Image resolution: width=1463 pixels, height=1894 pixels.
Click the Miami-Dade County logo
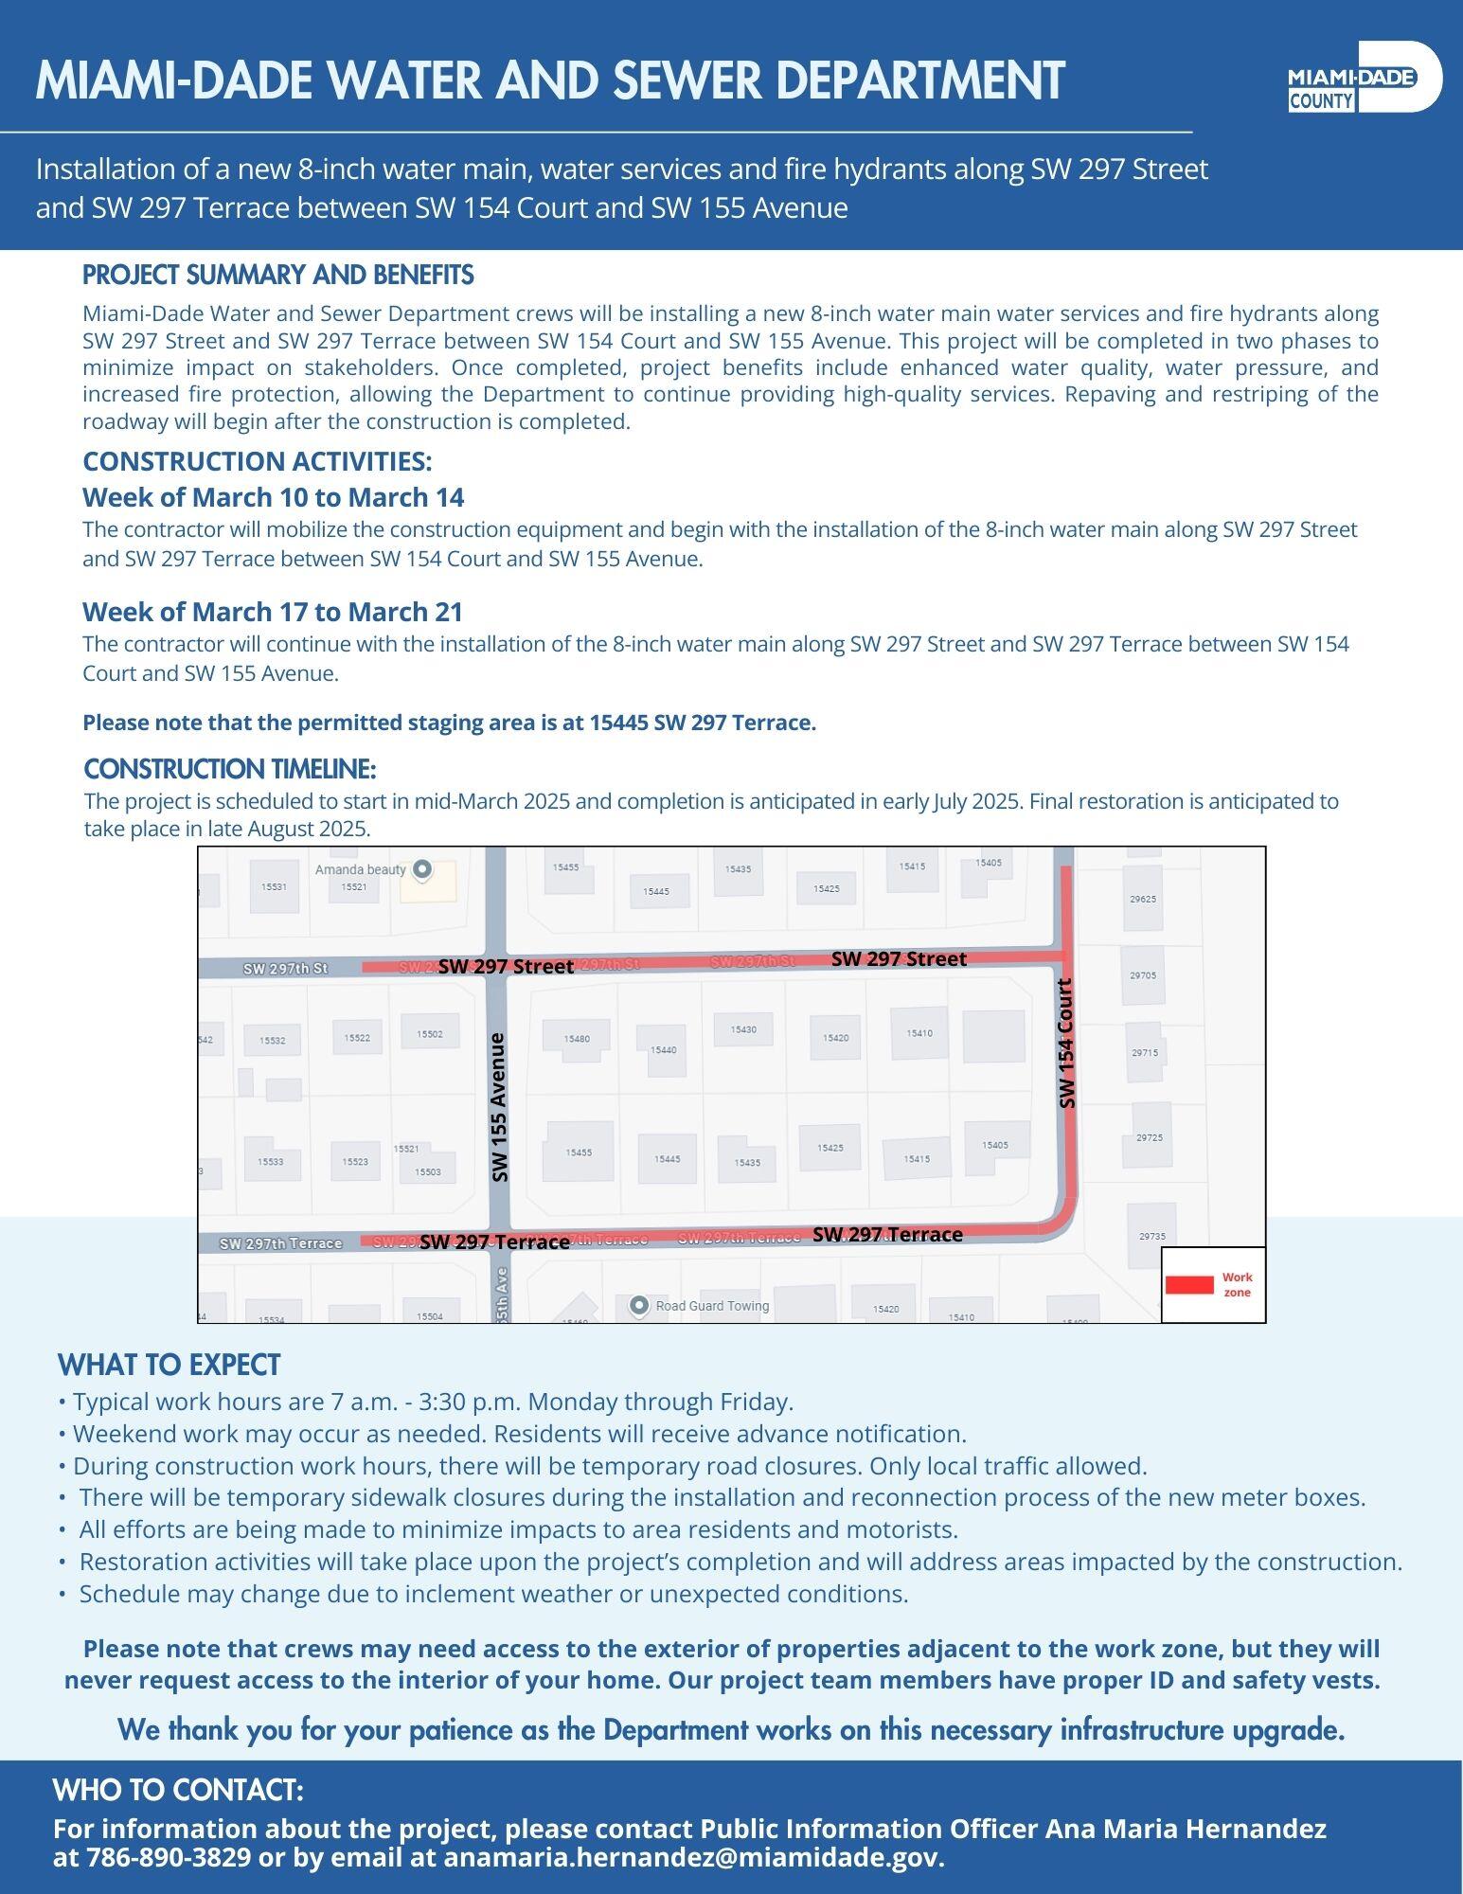click(x=1364, y=78)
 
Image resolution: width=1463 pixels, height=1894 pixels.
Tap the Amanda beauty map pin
click(x=423, y=868)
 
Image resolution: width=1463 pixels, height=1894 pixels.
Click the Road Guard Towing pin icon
click(x=639, y=1305)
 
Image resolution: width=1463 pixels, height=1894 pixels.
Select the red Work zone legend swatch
click(x=1188, y=1284)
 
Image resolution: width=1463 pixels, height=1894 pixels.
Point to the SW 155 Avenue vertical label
click(x=499, y=1106)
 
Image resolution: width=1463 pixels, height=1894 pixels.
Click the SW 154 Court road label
click(x=1067, y=1043)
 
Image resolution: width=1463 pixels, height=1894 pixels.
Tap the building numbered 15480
click(x=576, y=1038)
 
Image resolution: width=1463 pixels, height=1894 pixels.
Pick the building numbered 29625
click(x=1143, y=898)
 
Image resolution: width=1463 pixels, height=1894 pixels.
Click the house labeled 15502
click(x=430, y=1033)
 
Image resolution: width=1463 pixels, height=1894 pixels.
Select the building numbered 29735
click(x=1152, y=1236)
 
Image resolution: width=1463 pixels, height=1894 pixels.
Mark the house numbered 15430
click(x=743, y=1029)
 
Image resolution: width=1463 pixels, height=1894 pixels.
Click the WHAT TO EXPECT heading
click(x=169, y=1365)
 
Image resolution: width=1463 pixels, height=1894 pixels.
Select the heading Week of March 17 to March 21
click(x=273, y=612)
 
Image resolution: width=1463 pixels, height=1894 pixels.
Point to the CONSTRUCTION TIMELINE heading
click(x=230, y=768)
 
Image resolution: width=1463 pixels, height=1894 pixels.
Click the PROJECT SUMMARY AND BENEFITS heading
click(x=278, y=276)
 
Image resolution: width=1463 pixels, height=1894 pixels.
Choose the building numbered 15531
click(x=274, y=887)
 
